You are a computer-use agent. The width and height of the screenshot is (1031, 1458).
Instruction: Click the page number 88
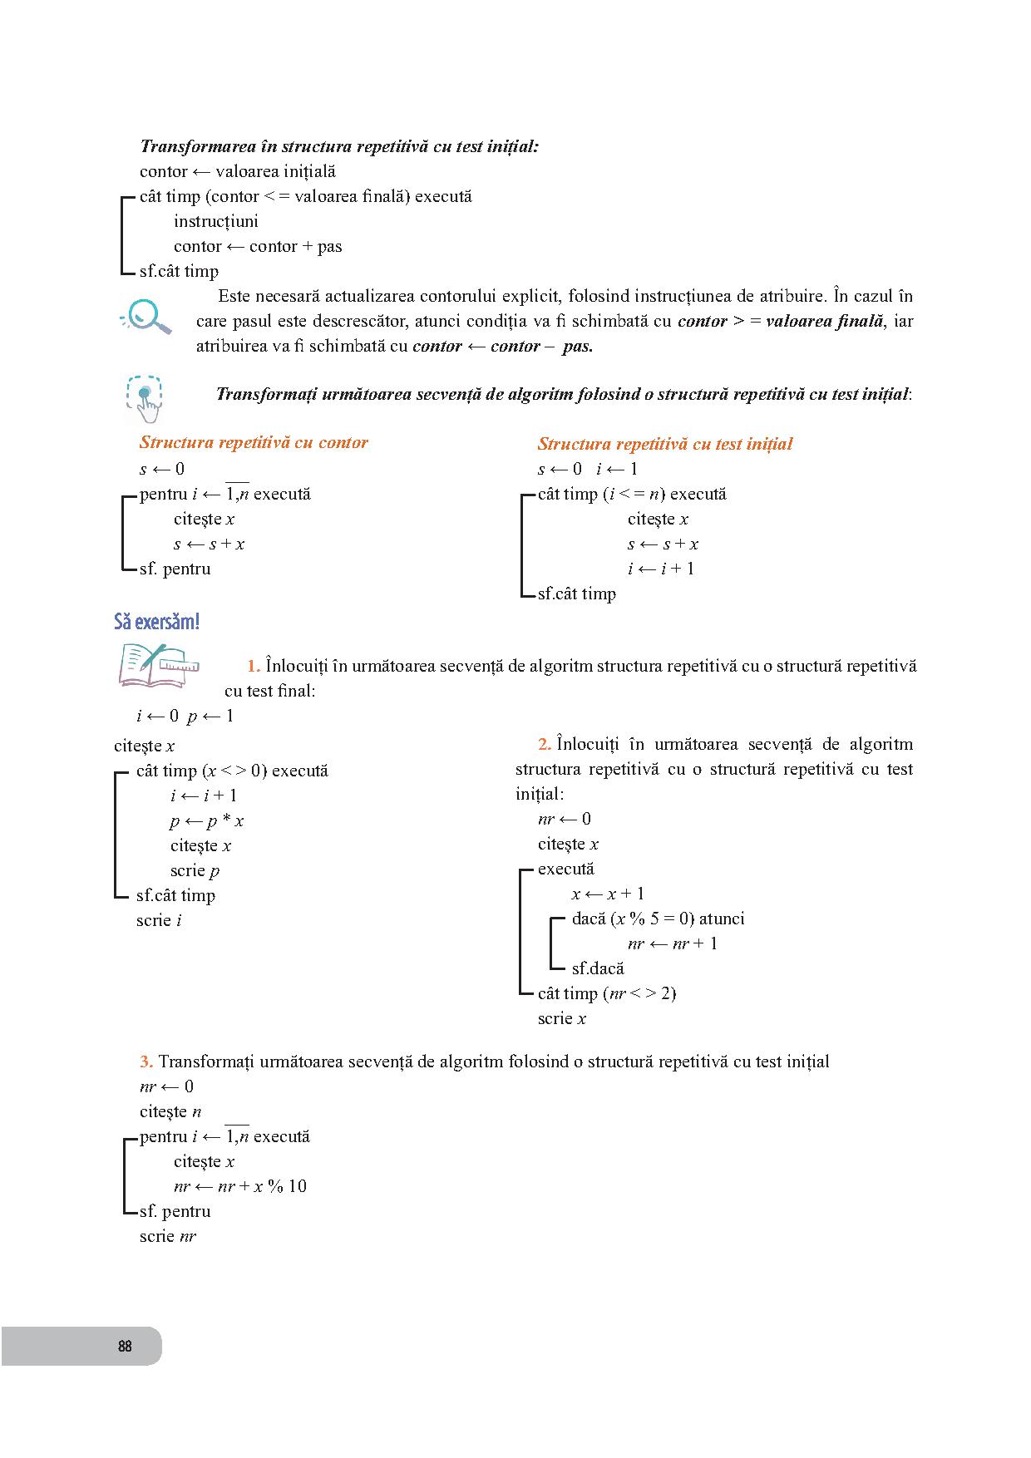click(x=125, y=1346)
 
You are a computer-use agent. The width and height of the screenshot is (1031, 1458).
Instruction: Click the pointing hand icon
click(x=146, y=398)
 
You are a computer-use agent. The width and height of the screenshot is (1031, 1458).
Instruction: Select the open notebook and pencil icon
click(x=157, y=664)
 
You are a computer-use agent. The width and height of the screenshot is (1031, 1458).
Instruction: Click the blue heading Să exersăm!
click(x=156, y=622)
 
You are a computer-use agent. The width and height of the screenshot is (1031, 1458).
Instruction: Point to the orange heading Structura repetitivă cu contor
click(x=254, y=442)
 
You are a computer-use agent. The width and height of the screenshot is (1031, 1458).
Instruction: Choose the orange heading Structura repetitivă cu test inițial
click(x=665, y=444)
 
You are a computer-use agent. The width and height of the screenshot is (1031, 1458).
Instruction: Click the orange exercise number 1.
click(x=254, y=666)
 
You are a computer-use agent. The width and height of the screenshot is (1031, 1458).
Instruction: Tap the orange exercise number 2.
click(x=545, y=744)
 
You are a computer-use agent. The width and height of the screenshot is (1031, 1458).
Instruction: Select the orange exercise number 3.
click(x=146, y=1061)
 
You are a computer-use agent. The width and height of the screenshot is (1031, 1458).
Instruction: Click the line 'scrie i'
click(x=159, y=920)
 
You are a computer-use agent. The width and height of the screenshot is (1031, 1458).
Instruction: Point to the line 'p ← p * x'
click(x=207, y=821)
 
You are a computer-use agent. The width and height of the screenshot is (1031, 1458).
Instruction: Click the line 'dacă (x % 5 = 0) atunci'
click(x=658, y=919)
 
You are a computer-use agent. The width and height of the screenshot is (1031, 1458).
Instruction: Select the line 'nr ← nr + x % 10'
click(x=239, y=1186)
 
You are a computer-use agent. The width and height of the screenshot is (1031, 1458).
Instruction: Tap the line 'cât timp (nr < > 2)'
click(x=607, y=993)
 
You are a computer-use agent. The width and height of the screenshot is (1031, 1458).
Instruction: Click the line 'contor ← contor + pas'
click(x=258, y=246)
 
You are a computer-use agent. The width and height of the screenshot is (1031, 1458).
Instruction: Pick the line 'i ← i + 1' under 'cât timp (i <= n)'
click(x=661, y=569)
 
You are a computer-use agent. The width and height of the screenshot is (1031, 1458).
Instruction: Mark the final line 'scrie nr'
click(x=168, y=1236)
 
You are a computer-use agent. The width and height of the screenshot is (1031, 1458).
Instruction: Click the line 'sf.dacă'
click(x=598, y=968)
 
